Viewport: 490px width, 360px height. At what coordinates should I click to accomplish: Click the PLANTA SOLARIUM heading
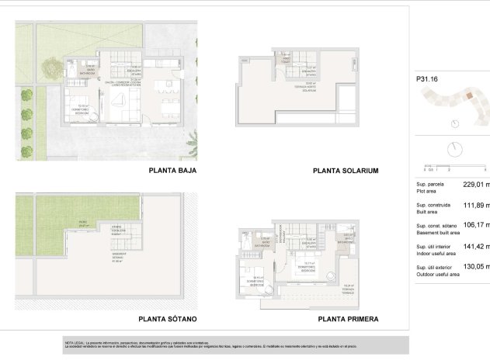point(345,171)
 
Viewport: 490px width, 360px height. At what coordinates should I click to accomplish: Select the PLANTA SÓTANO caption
point(168,319)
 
